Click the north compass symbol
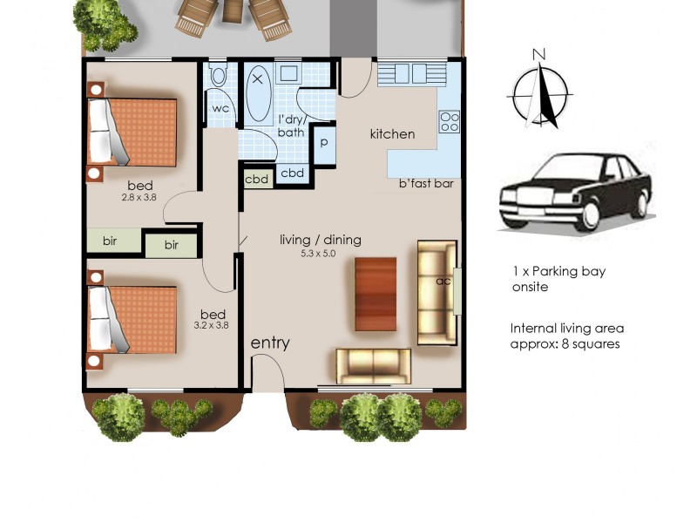540,91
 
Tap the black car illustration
575,194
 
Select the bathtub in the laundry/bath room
258,95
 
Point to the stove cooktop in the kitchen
450,121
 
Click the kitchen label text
392,134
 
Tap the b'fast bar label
427,184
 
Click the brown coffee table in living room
376,294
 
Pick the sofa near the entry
374,365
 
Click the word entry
270,343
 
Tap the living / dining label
320,241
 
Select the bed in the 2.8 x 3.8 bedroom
132,132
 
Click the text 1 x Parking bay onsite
558,279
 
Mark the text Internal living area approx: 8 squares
566,336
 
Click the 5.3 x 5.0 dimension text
319,254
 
